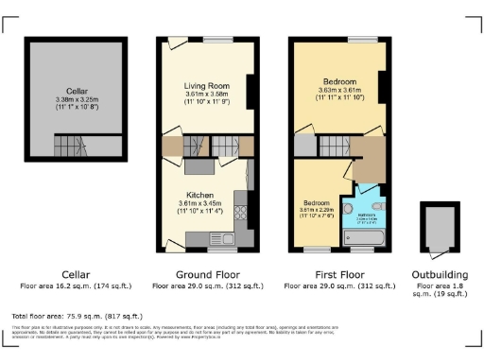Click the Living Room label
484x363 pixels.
click(206, 86)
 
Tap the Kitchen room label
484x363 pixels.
click(199, 191)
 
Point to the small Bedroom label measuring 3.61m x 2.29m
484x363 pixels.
click(315, 203)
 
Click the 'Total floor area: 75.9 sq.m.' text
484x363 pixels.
click(76, 315)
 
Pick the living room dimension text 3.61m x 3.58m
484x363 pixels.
click(206, 95)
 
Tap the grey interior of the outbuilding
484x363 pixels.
click(441, 227)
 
